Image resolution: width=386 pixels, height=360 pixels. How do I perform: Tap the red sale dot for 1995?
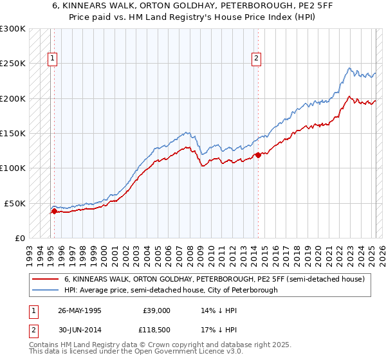[x=54, y=211]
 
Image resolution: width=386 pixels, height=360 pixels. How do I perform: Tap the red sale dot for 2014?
[x=258, y=155]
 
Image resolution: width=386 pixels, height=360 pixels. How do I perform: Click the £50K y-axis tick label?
[x=15, y=203]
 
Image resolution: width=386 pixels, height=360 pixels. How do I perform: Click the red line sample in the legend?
[x=46, y=279]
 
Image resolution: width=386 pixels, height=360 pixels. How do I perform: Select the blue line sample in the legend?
[x=46, y=290]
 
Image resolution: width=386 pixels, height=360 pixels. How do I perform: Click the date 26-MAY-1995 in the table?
[x=80, y=310]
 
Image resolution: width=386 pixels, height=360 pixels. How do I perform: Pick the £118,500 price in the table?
[x=156, y=330]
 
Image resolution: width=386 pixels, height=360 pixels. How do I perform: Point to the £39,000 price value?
[x=156, y=310]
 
